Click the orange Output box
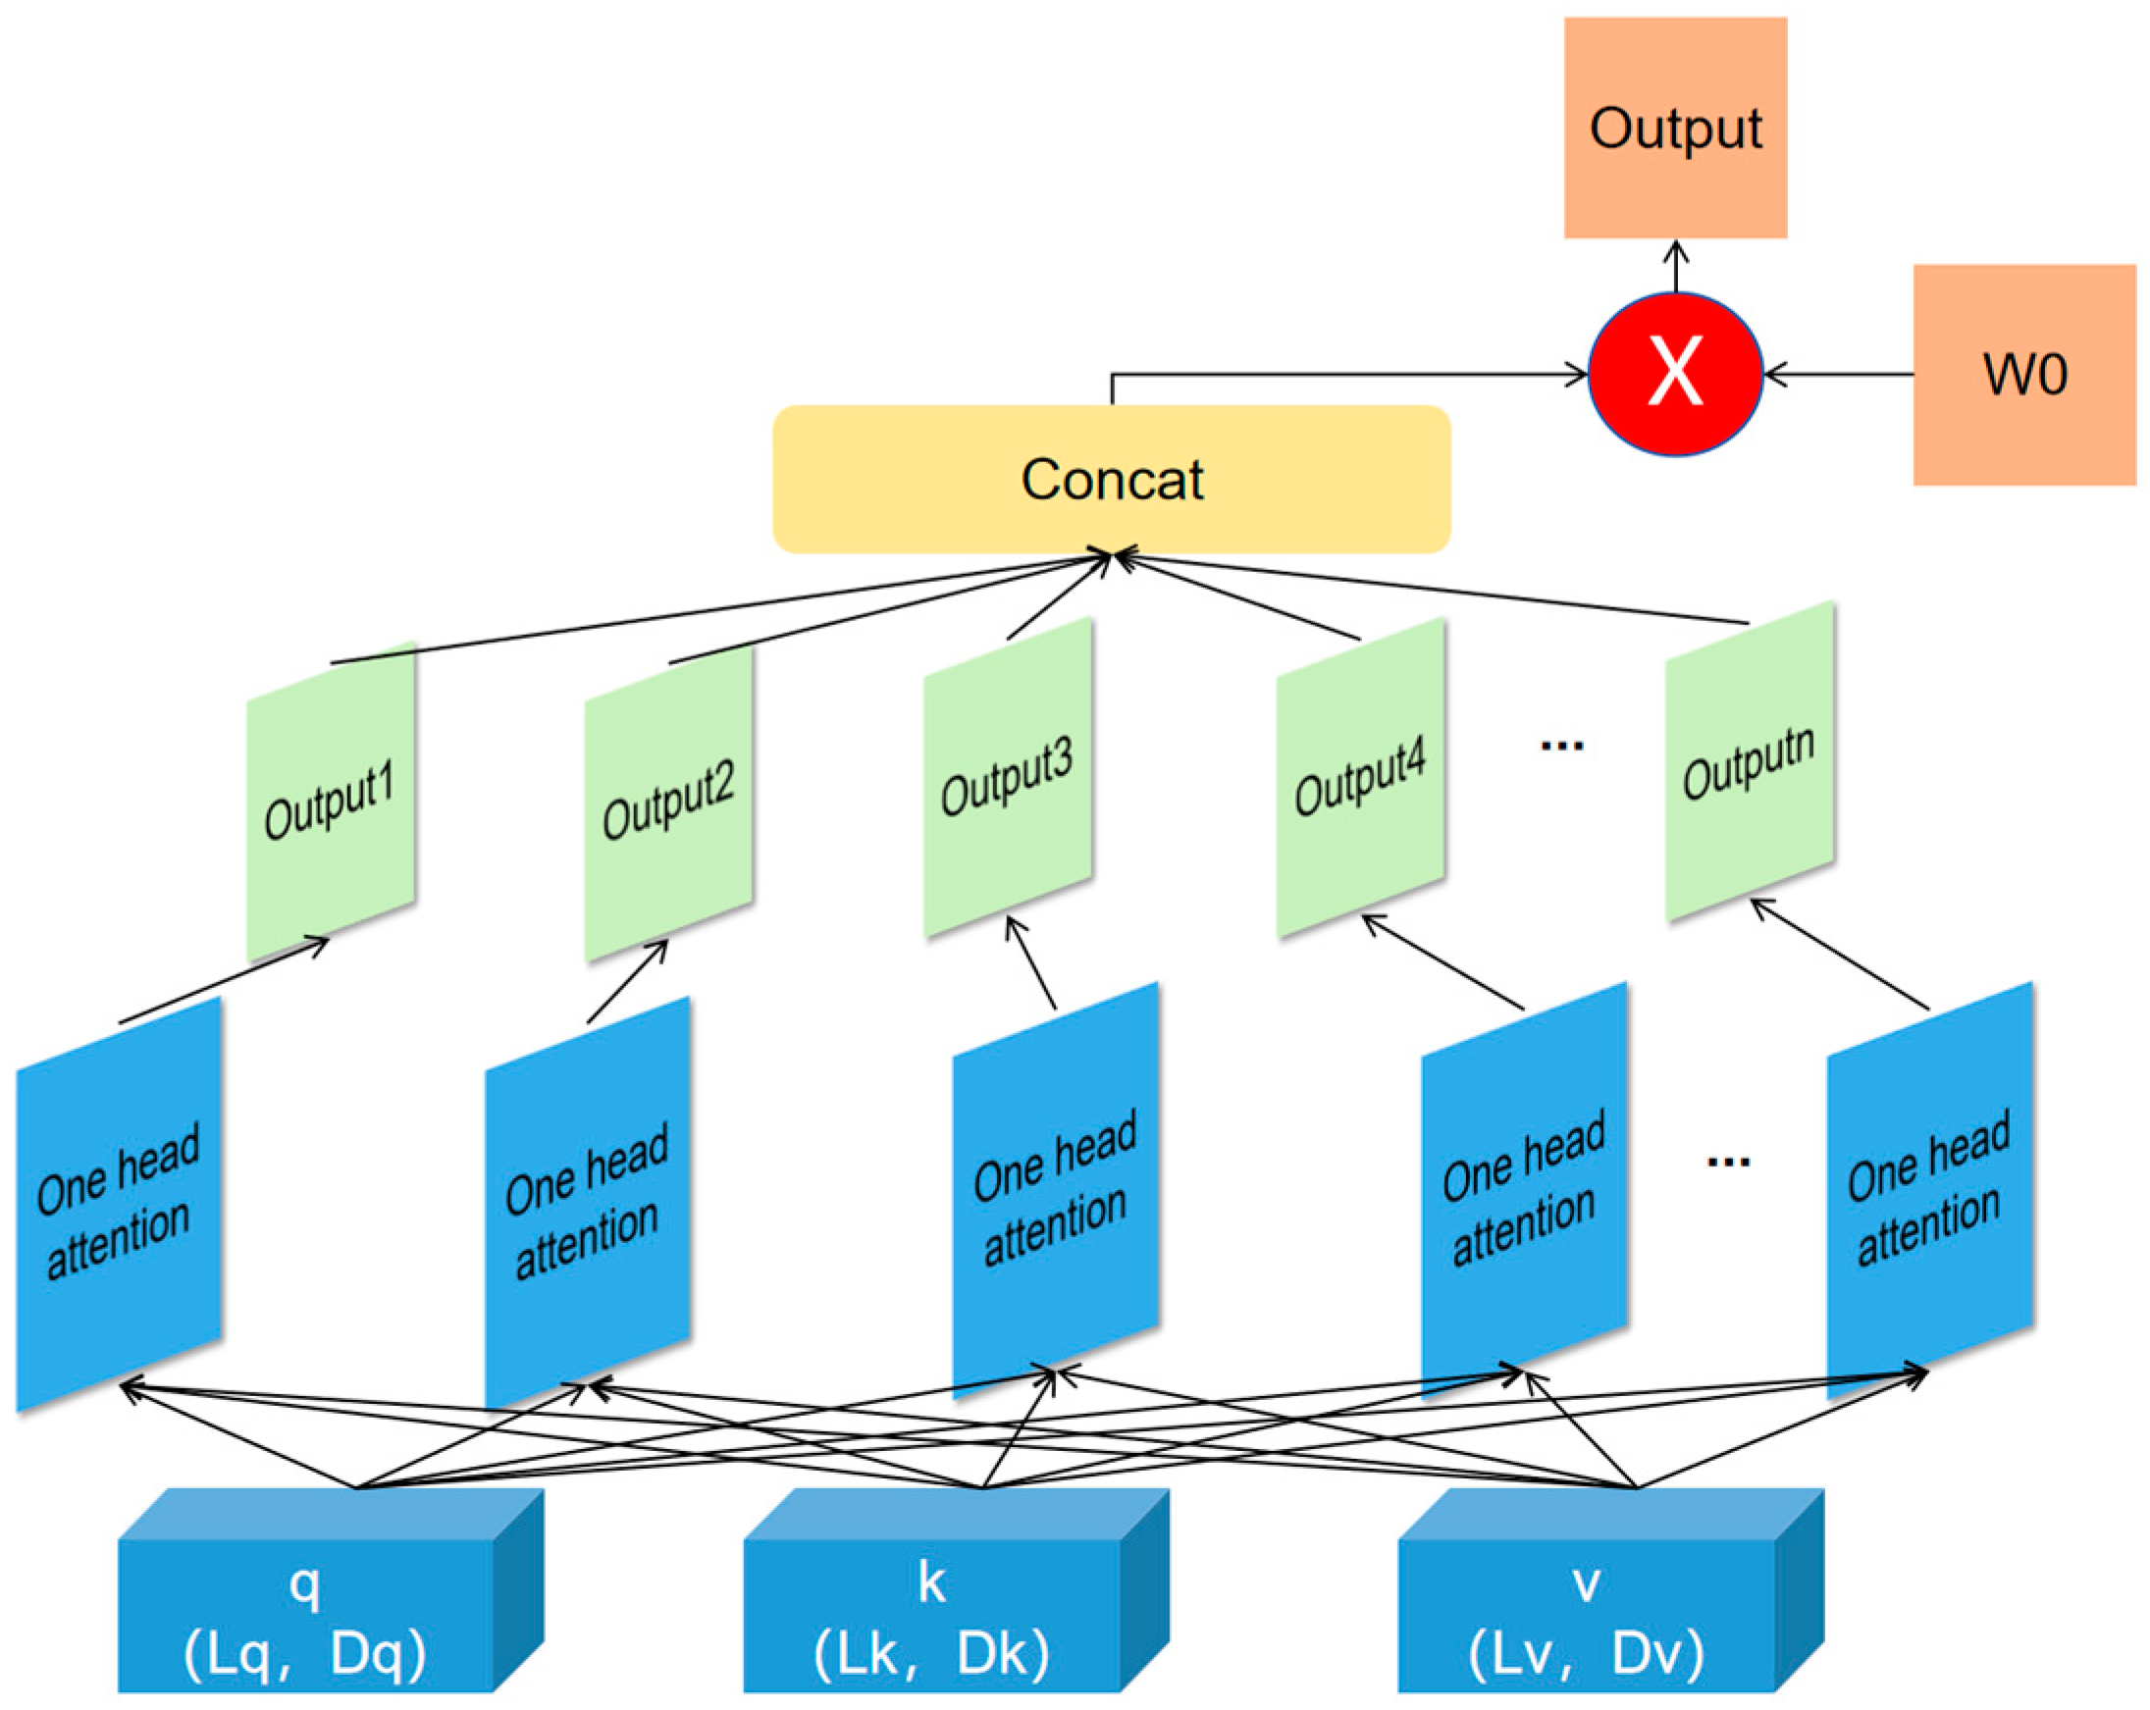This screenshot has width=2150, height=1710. click(x=1674, y=128)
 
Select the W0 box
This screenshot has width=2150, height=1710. click(x=2023, y=375)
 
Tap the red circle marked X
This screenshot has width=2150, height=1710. click(x=1674, y=374)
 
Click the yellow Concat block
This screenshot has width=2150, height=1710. click(x=1111, y=480)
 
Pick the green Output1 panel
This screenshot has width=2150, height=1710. click(x=330, y=803)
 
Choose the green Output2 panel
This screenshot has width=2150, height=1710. click(x=668, y=803)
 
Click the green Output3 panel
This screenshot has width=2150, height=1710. click(x=1007, y=778)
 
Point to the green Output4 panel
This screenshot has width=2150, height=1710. click(x=1360, y=778)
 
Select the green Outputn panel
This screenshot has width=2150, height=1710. click(x=1749, y=762)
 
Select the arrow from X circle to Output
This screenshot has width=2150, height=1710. click(x=1675, y=266)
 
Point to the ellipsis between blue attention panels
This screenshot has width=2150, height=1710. click(x=1728, y=1161)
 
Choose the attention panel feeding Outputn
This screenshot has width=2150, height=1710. click(x=1928, y=1192)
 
